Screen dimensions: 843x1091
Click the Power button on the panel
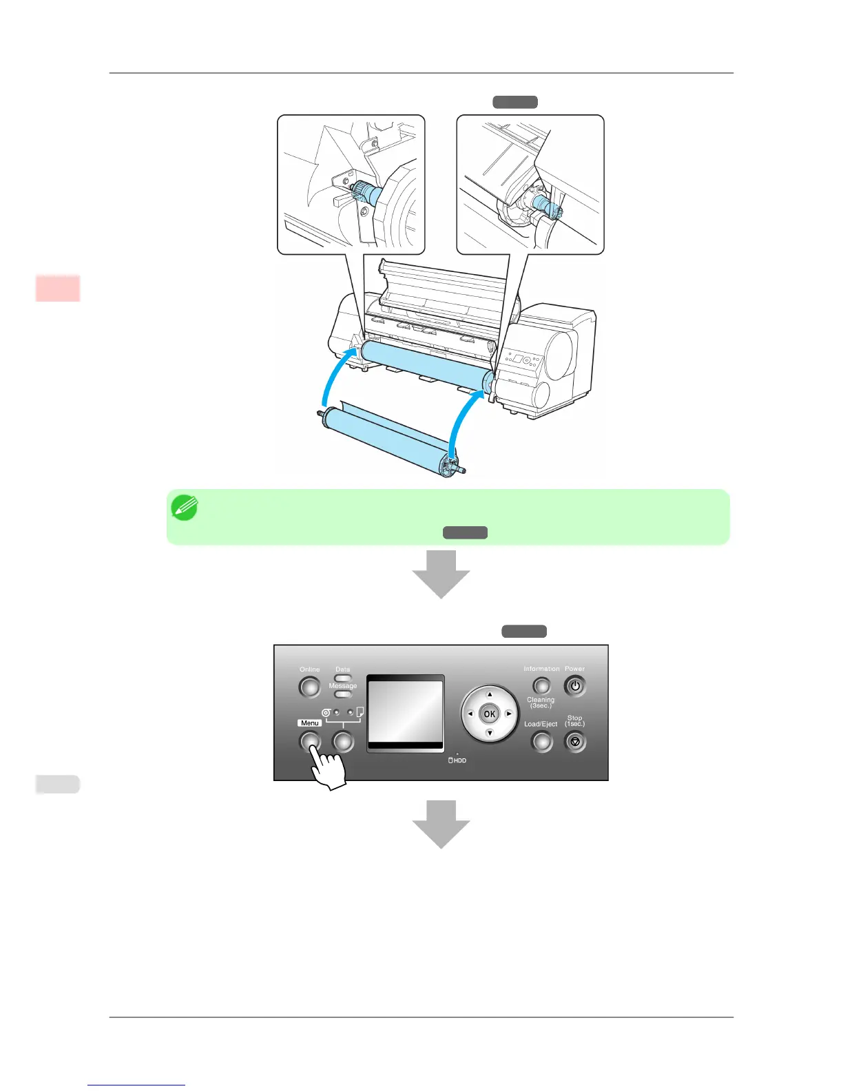pos(575,686)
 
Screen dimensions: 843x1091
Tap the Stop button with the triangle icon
pos(575,742)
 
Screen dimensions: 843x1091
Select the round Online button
pos(309,687)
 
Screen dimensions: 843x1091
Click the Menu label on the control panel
pos(310,723)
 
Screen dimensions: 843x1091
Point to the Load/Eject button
pos(542,742)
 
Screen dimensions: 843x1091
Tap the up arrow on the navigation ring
pos(490,694)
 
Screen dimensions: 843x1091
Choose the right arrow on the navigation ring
pos(509,714)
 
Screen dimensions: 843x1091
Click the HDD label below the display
pos(458,760)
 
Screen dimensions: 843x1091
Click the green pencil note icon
pos(184,508)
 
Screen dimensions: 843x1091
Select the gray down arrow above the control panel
pos(441,574)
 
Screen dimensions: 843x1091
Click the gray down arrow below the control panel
pos(441,824)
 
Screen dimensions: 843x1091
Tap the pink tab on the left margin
pos(58,288)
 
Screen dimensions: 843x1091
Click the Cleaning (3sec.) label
pos(541,703)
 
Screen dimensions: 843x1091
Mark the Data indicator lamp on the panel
pos(342,678)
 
